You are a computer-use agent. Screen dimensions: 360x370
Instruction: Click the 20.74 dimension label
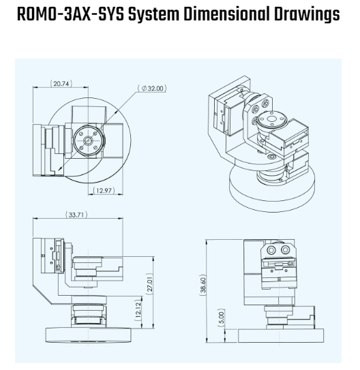coord(61,84)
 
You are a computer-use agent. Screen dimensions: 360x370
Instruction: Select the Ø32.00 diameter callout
coord(152,89)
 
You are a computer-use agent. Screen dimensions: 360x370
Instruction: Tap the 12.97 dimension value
coord(104,190)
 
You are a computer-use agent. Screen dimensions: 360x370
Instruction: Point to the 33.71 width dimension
coord(76,215)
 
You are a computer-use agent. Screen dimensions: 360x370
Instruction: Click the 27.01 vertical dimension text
coord(150,284)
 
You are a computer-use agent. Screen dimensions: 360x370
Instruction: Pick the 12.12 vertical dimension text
coord(138,310)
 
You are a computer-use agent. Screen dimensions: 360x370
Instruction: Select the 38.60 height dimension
coord(203,285)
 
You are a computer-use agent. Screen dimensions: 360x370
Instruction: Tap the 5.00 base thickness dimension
coord(221,318)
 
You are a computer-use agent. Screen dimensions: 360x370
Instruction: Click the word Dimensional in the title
coord(226,14)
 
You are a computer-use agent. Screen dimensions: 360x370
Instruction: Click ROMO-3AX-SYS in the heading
coord(70,14)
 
